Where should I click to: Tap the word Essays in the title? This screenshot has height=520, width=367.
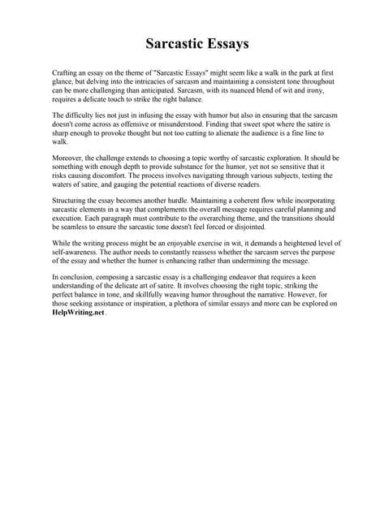(x=224, y=42)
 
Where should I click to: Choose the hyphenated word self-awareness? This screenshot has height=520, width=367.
(x=77, y=252)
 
